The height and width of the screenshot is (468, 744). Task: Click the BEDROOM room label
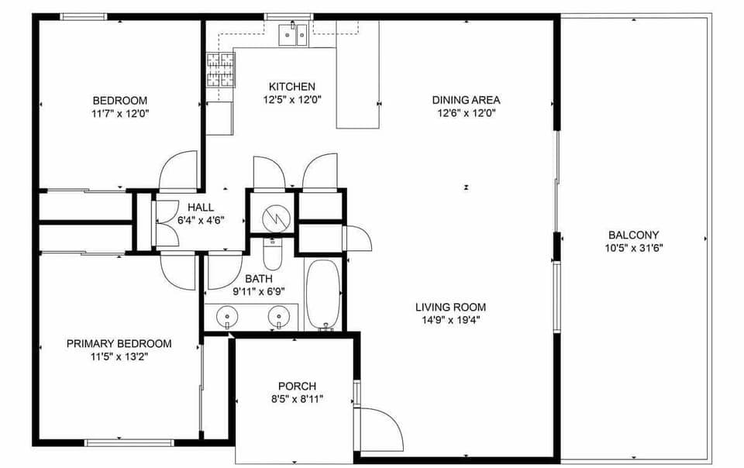120,100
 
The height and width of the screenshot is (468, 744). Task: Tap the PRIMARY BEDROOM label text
119,343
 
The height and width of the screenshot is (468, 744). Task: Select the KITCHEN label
292,86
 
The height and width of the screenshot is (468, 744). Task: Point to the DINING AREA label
466,99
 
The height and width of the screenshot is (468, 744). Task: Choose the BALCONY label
633,235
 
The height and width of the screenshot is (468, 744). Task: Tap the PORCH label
297,386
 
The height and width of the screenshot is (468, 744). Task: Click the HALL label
201,207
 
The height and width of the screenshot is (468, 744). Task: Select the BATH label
259,278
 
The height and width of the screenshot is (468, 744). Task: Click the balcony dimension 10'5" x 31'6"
634,248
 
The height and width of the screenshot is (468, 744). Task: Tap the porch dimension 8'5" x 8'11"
297,399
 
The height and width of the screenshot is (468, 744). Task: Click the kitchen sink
294,34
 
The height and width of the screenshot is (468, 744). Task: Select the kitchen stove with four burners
220,71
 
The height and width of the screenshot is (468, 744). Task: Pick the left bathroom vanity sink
226,315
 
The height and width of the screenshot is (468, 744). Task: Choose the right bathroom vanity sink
279,315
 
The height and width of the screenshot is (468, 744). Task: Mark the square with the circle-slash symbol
271,212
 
